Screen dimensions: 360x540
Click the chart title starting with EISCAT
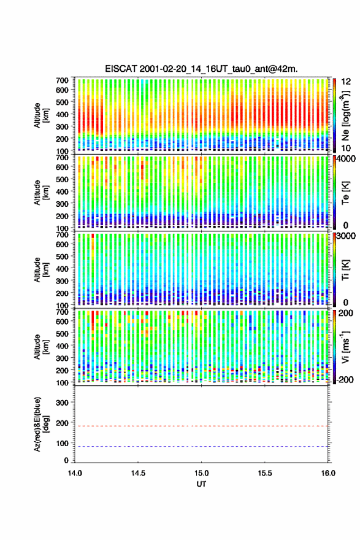(201, 69)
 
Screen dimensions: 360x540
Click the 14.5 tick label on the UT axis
(138, 473)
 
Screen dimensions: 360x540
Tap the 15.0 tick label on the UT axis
(201, 473)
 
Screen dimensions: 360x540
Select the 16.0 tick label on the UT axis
(328, 473)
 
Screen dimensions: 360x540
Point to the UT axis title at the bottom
(201, 484)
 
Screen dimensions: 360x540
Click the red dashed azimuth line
(201, 426)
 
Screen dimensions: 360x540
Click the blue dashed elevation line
(201, 446)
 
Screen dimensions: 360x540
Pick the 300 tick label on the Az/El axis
(62, 403)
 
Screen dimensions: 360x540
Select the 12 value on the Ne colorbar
(347, 81)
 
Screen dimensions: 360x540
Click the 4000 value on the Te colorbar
(347, 159)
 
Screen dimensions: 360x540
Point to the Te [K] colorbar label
(345, 193)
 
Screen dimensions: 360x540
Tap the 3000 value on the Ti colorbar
(347, 236)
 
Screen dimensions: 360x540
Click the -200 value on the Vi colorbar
(345, 379)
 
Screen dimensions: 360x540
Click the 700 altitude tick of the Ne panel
(62, 80)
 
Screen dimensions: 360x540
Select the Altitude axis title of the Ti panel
(41, 269)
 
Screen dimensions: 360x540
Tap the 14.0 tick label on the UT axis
(75, 473)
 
